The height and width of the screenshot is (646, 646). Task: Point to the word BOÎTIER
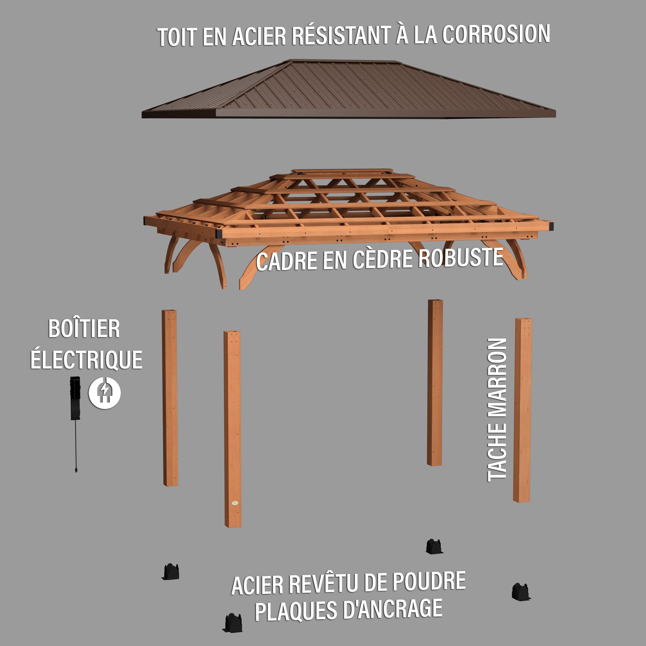[x=84, y=328]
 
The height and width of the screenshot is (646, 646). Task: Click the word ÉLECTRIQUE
[x=86, y=359]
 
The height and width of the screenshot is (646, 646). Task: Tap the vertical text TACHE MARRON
[x=497, y=410]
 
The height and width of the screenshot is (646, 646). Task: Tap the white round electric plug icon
[x=105, y=393]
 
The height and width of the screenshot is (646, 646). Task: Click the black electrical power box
[x=75, y=398]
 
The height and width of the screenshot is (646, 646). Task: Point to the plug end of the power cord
[x=76, y=470]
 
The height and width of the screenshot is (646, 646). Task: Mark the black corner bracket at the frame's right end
[x=551, y=226]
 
